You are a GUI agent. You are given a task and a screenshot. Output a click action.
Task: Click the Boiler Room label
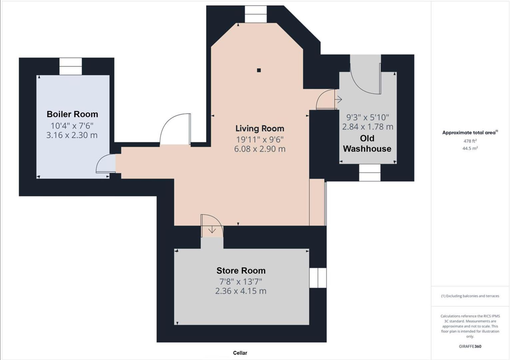[72, 114]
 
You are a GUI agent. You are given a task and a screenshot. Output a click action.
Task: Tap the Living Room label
[260, 128]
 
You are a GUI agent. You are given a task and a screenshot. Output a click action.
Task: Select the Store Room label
[241, 271]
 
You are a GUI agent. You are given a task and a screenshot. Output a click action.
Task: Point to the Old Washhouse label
[367, 143]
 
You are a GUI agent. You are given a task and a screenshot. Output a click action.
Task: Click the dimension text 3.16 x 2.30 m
[72, 135]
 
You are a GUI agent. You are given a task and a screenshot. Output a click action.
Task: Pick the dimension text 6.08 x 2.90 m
[260, 149]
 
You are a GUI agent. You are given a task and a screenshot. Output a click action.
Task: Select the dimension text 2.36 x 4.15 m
[241, 291]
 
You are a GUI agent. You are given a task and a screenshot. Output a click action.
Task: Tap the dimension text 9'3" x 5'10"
[368, 117]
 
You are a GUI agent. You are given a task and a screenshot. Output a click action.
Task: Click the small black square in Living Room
[259, 70]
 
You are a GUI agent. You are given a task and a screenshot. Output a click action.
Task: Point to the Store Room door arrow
[212, 230]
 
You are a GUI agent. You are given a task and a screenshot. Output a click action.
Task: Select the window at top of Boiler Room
[71, 66]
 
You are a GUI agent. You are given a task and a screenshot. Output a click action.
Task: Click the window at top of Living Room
[256, 14]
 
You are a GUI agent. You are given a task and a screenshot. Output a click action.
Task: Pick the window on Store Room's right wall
[317, 278]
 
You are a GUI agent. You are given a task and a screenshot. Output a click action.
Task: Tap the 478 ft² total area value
[470, 141]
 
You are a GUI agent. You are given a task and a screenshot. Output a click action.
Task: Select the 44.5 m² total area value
[470, 148]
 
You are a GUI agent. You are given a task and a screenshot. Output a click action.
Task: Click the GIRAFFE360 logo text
[470, 346]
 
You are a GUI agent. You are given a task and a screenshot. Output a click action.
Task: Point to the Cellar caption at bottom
[240, 353]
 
